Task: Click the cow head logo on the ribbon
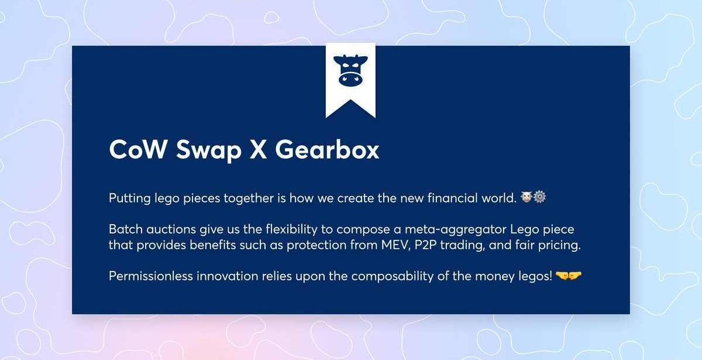(x=350, y=70)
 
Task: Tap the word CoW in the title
(x=137, y=149)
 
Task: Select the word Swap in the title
(x=209, y=151)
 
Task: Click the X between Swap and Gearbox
(x=259, y=150)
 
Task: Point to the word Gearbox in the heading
(x=327, y=149)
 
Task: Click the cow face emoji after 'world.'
(x=526, y=197)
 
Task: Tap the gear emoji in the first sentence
(x=539, y=197)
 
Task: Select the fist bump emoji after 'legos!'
(x=569, y=276)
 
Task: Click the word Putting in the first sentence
(x=130, y=198)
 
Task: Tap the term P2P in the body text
(x=425, y=245)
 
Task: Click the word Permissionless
(x=151, y=276)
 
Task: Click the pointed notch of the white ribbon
(x=350, y=100)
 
